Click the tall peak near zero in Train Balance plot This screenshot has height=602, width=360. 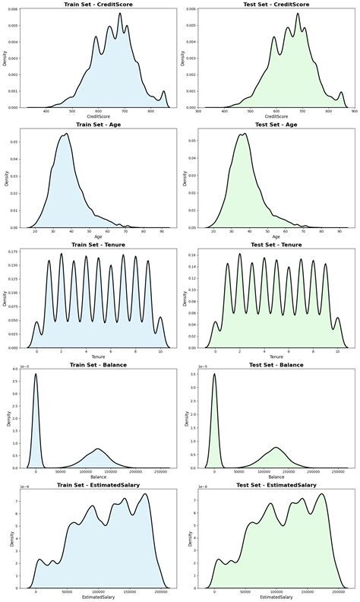click(36, 374)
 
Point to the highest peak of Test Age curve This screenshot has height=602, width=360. click(244, 135)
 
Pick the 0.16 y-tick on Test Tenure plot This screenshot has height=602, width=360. click(193, 255)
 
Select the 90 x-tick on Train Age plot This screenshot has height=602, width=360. click(162, 232)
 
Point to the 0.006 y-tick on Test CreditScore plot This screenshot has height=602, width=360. click(191, 10)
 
